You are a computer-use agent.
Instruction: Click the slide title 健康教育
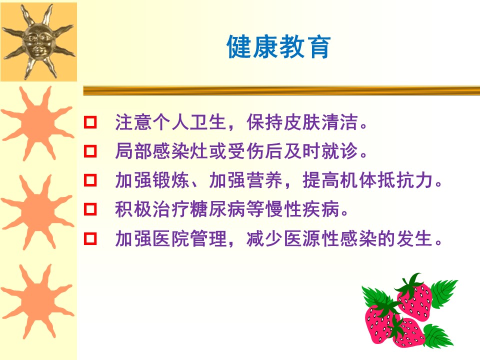click(278, 46)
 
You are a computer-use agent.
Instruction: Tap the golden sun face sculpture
click(38, 41)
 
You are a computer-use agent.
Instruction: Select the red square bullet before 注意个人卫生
click(90, 122)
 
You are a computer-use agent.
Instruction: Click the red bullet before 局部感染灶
click(90, 151)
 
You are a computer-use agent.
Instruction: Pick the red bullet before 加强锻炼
click(90, 180)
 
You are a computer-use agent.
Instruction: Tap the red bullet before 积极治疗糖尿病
click(90, 209)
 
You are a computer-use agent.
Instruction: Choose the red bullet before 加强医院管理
click(90, 238)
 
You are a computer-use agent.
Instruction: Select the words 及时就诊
click(320, 151)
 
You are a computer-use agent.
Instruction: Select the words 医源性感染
click(330, 238)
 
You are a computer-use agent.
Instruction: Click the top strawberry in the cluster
click(415, 300)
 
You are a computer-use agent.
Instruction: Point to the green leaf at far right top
click(444, 292)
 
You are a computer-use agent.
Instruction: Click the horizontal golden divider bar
click(281, 90)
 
